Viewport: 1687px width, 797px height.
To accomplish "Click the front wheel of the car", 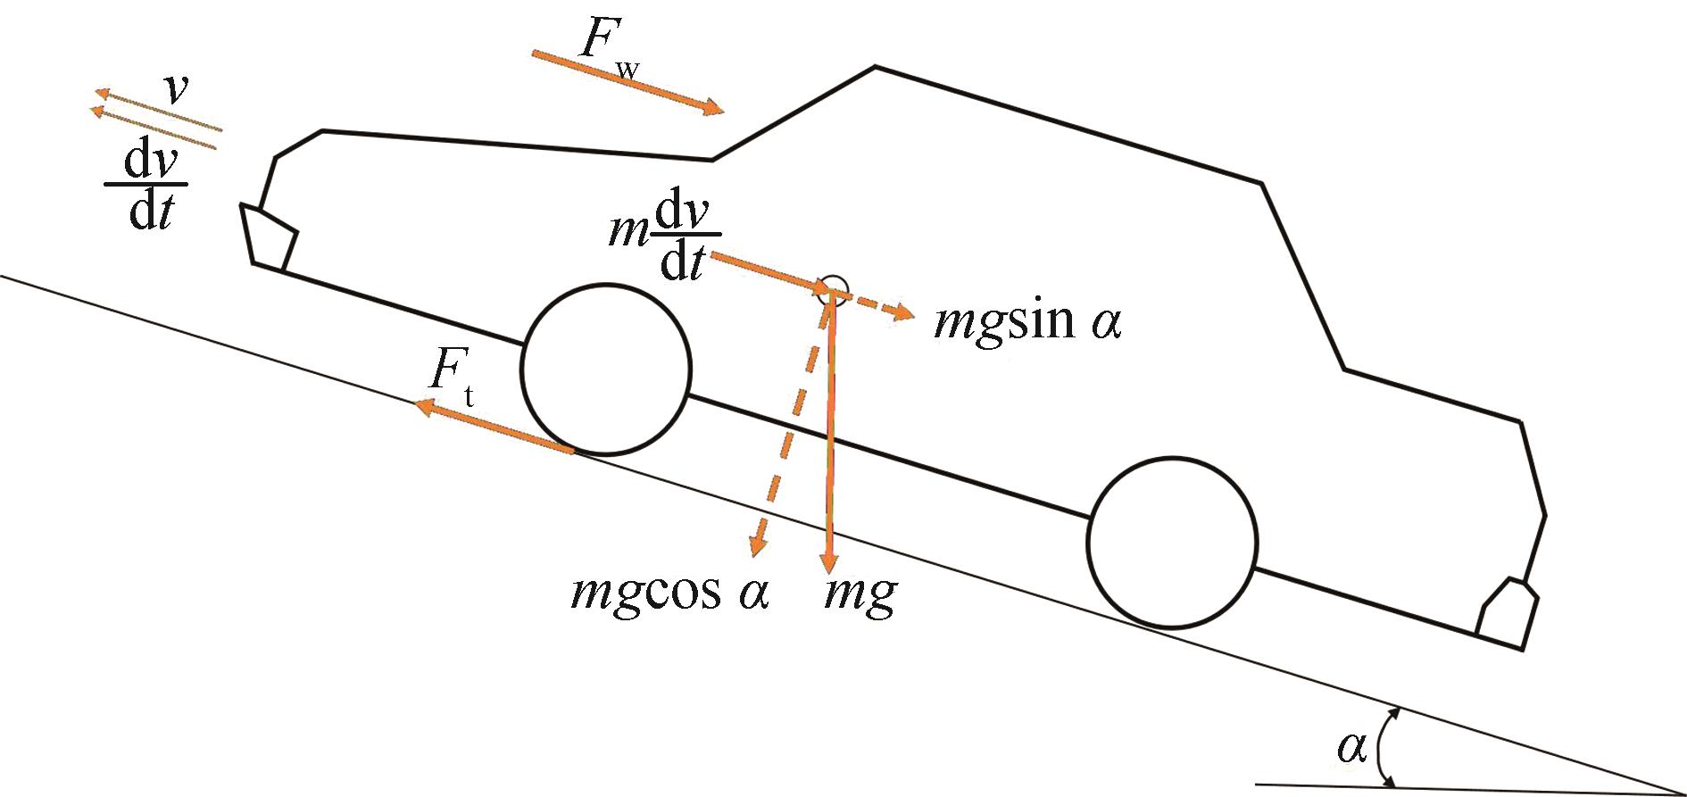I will [606, 369].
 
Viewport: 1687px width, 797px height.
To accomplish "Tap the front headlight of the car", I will [269, 236].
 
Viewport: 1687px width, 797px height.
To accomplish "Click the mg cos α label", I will [669, 594].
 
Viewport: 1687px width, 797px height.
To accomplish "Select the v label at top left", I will [179, 89].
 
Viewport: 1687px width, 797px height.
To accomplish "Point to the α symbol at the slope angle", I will [1351, 748].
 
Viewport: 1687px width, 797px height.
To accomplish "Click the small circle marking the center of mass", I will [834, 286].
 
